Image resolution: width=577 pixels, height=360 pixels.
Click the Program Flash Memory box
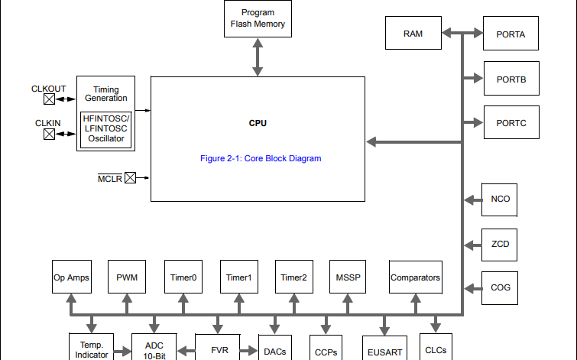[x=258, y=18]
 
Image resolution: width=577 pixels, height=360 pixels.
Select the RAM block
[x=413, y=34]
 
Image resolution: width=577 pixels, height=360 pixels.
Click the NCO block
[x=501, y=199]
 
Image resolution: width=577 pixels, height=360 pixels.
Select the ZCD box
[x=501, y=244]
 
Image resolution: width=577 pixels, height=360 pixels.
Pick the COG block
[x=501, y=287]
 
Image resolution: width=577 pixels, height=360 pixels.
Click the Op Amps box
[x=71, y=277]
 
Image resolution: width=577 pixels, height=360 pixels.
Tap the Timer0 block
[x=183, y=277]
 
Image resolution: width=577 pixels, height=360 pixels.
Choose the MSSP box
[x=348, y=277]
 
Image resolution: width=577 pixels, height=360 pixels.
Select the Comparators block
[x=415, y=277]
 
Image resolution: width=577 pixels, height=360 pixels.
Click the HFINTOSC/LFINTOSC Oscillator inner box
[x=106, y=128]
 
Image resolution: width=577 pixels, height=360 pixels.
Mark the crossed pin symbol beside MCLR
[x=130, y=178]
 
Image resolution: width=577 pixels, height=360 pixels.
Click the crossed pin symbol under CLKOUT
[x=49, y=99]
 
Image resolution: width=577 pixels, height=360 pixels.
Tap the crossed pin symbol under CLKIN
[x=49, y=135]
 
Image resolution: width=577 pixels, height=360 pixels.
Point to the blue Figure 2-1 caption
[x=260, y=158]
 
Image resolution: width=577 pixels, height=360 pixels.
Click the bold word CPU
[x=258, y=123]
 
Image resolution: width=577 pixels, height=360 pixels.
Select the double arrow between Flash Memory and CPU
[x=258, y=57]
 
